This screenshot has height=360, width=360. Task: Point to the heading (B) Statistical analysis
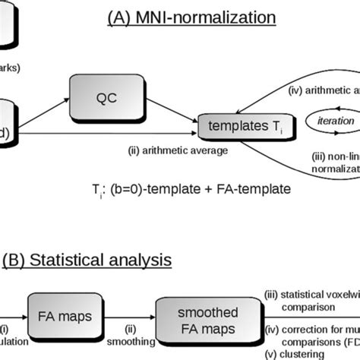tap(87, 261)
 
